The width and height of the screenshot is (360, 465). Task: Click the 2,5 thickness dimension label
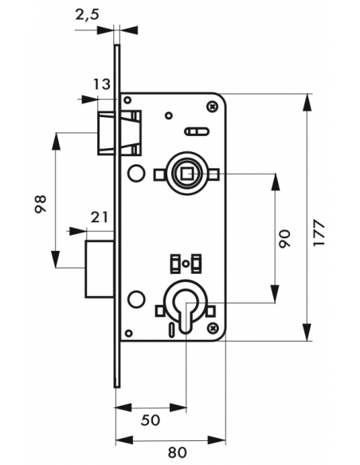coord(87,14)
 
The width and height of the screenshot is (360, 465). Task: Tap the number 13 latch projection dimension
coord(102,84)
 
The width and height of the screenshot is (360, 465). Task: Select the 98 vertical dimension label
coord(41,204)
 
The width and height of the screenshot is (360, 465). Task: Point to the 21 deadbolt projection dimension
coord(99,217)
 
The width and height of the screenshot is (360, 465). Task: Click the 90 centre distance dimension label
coord(284,238)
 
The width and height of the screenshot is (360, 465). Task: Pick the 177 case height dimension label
coord(319,232)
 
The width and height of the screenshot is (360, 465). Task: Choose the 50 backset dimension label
coord(151,420)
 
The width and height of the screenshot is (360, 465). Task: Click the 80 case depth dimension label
coord(178,452)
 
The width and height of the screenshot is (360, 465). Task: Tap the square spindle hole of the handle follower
coord(186,174)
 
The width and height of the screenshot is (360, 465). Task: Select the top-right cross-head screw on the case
coord(213,106)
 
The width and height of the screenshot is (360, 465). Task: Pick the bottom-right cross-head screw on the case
coord(213,327)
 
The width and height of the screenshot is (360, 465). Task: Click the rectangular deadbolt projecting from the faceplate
coord(100,269)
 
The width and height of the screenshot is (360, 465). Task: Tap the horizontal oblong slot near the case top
coord(197,131)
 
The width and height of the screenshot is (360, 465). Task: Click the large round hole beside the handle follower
coord(136,174)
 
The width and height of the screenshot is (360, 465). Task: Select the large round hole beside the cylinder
coord(136,299)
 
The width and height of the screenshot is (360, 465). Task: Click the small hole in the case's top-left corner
coord(127,100)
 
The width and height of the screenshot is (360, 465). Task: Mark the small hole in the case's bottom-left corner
coord(128,333)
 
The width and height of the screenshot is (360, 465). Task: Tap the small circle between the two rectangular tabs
coord(186,263)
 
